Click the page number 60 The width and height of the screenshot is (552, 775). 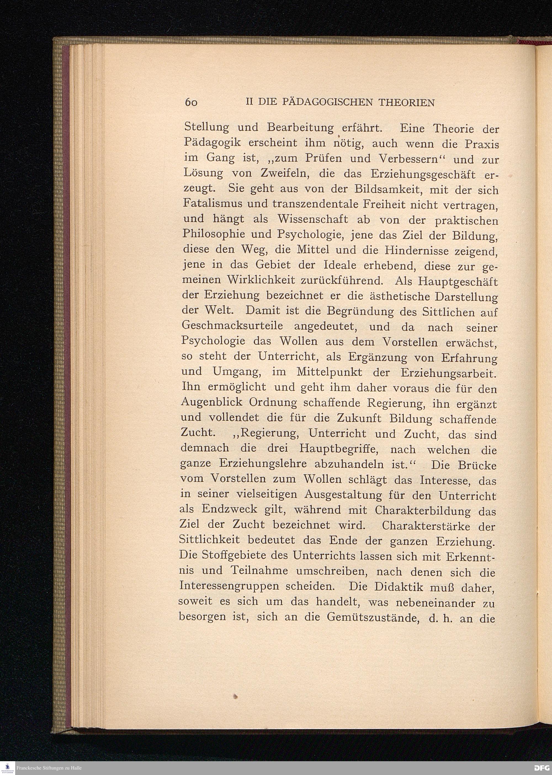191,102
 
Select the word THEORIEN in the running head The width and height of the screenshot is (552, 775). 406,102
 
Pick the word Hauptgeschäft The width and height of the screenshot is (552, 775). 458,282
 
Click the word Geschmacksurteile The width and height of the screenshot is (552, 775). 232,326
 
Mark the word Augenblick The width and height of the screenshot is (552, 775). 212,403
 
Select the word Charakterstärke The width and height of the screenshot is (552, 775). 426,526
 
